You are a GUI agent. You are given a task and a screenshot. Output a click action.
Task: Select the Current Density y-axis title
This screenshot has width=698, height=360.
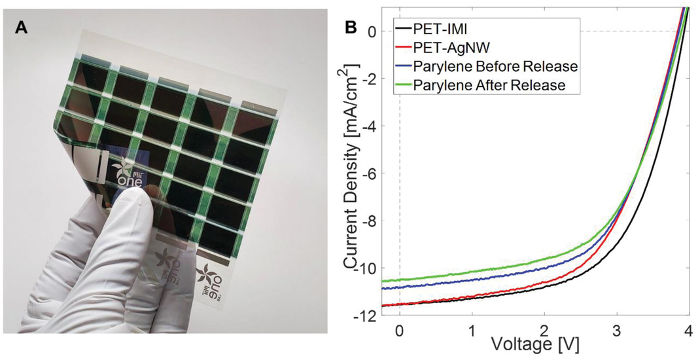click(x=354, y=167)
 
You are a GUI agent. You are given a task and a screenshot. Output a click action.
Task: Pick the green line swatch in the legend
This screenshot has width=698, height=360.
click(x=402, y=85)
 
